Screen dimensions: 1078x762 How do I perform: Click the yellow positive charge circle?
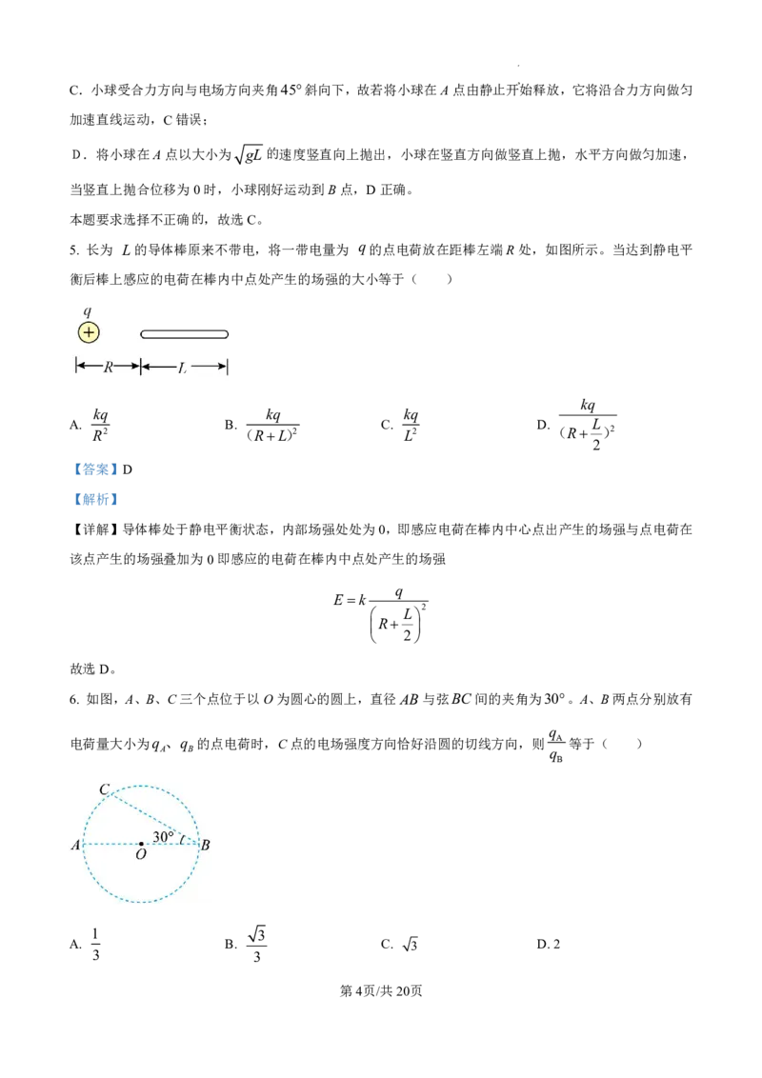[89, 332]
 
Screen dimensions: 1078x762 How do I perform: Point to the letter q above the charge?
[88, 311]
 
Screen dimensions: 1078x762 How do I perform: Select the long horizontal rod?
[184, 334]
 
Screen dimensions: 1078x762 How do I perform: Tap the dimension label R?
[108, 367]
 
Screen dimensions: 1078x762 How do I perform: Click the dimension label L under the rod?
[182, 367]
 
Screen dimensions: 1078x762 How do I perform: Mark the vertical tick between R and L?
[140, 367]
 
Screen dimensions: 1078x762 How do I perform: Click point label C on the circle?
[104, 789]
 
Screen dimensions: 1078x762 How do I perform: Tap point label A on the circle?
[75, 845]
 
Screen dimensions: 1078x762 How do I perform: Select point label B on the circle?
[206, 845]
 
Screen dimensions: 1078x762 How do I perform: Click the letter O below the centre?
[141, 855]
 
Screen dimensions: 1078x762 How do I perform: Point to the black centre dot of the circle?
[141, 844]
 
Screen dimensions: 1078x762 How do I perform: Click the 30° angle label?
[163, 837]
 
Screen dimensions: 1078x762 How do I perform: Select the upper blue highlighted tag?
[95, 469]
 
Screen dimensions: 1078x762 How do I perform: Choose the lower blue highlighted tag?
[95, 499]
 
